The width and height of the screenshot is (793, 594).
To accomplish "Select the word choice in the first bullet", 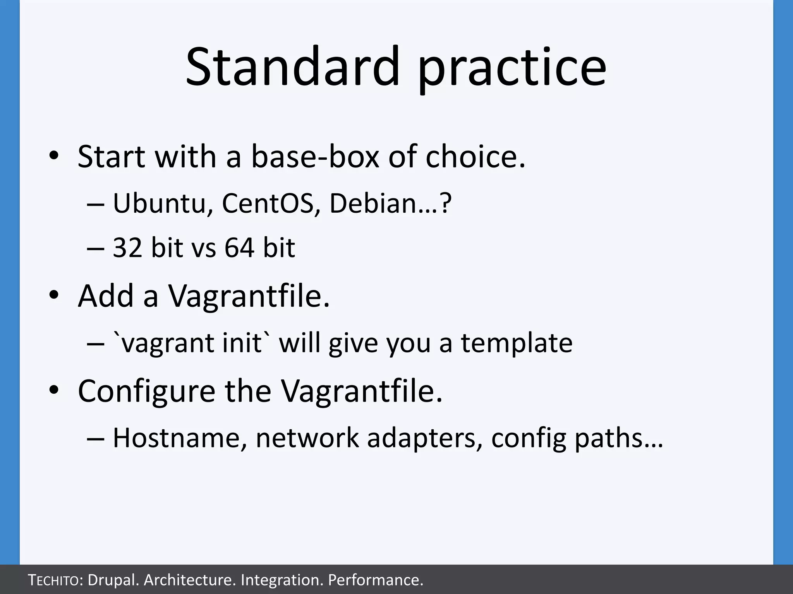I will click(x=475, y=156).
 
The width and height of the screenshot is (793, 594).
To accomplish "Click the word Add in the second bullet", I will click(x=106, y=296).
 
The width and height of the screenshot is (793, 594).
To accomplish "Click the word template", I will click(x=516, y=343).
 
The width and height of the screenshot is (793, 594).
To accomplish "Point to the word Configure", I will click(x=146, y=391).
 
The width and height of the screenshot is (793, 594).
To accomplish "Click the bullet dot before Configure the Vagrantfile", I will click(x=53, y=391).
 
